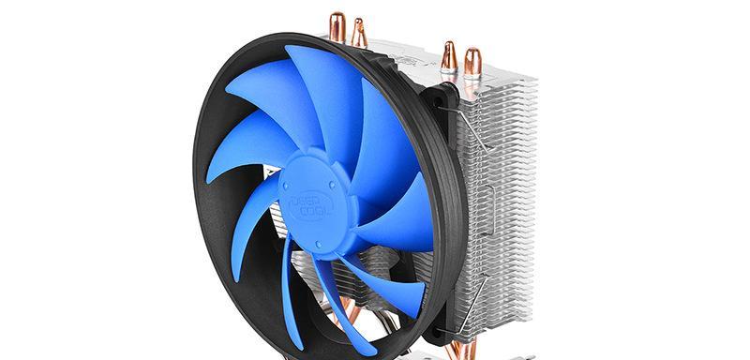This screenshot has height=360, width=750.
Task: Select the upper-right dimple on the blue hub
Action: tap(331, 183)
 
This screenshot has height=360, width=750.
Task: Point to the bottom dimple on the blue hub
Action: tap(319, 245)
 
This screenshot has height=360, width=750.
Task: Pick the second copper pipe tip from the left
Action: tap(358, 32)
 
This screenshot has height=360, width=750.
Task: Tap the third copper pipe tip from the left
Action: tap(449, 56)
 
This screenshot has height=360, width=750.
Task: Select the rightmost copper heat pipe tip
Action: tap(472, 62)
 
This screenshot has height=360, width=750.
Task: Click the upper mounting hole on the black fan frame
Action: tap(438, 101)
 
